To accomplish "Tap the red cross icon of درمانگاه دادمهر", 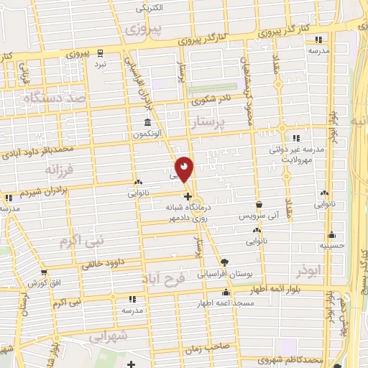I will (188, 195).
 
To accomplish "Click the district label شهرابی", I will (109, 336).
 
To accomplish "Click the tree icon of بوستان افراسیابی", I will (225, 262).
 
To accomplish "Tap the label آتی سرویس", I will (257, 216).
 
